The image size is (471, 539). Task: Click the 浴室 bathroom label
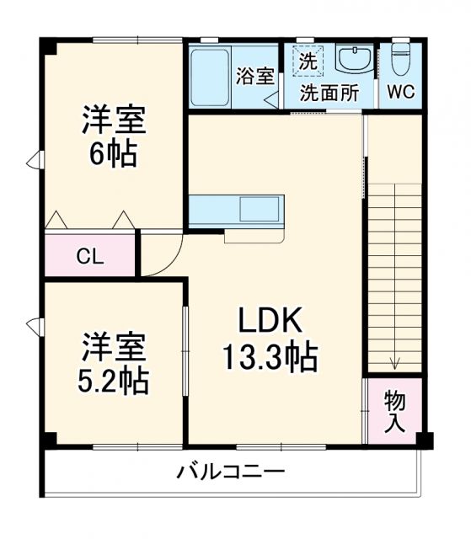click(x=254, y=76)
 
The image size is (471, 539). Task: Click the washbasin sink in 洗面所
click(x=353, y=61)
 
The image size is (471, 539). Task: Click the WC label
click(x=399, y=93)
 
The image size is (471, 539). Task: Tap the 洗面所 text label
click(x=330, y=93)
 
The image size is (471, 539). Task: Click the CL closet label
click(x=89, y=257)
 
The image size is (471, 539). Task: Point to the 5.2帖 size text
click(x=114, y=381)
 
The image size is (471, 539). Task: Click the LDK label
click(x=269, y=321)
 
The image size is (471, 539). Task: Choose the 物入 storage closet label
click(x=393, y=410)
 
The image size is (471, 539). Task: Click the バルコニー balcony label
click(x=230, y=472)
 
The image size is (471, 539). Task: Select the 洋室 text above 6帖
click(x=114, y=120)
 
